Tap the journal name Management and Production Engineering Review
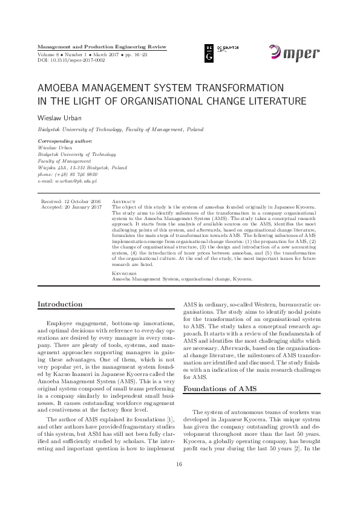click(x=102, y=47)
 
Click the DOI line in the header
click(x=71, y=60)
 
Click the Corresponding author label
click(x=65, y=140)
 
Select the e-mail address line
click(x=67, y=180)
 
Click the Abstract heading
click(x=125, y=200)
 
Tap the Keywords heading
click(x=125, y=273)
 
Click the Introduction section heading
click(x=60, y=304)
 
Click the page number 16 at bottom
click(x=179, y=481)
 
